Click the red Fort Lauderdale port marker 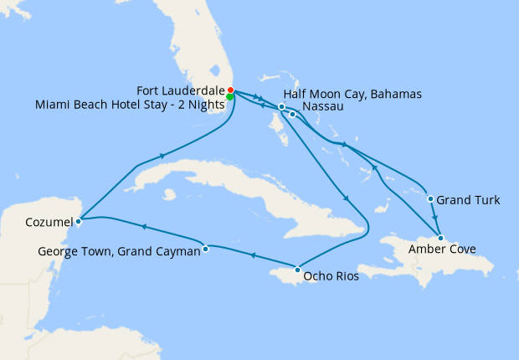(x=230, y=90)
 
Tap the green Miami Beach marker (x=230, y=97)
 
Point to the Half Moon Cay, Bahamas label (x=352, y=93)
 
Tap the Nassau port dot (x=292, y=114)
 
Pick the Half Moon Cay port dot (x=282, y=106)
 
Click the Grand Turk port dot (x=430, y=199)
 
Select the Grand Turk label (x=469, y=200)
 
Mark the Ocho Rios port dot (x=298, y=270)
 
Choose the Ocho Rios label (x=332, y=275)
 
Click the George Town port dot (x=206, y=249)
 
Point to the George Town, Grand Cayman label (x=120, y=250)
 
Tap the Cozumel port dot (x=78, y=222)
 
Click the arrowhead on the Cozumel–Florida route (x=160, y=155)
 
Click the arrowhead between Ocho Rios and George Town (x=252, y=256)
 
